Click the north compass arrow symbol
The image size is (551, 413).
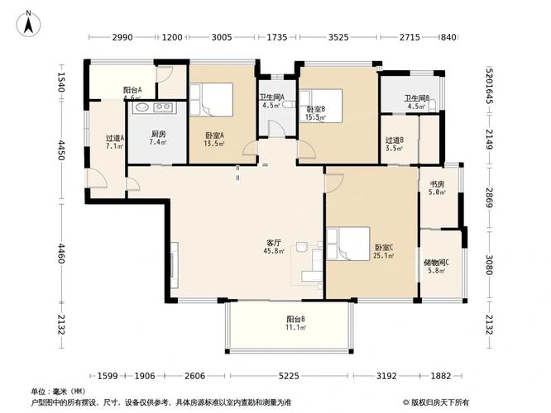pos(28,22)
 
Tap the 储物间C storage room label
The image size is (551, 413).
pos(436,266)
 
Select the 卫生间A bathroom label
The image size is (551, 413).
pos(272,101)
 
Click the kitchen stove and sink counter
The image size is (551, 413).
pos(151,107)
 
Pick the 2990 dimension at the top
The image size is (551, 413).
pos(122,37)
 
